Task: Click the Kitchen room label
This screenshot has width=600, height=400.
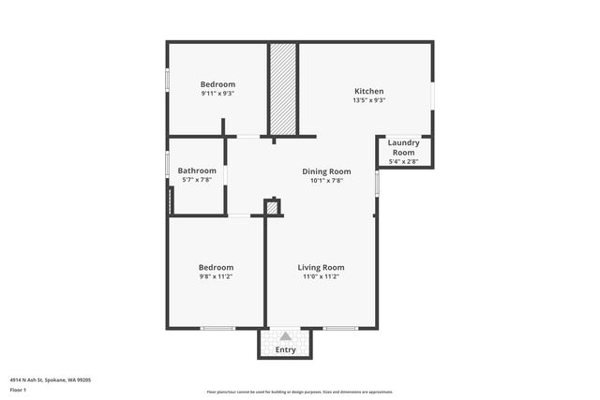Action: (x=368, y=91)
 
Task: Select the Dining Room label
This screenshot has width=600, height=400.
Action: (x=326, y=171)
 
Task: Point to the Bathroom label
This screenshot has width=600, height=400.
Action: (x=197, y=170)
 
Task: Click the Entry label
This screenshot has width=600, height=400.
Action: (x=285, y=350)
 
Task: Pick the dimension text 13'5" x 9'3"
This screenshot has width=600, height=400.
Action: (x=368, y=100)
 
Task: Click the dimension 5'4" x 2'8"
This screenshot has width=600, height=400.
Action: (x=403, y=162)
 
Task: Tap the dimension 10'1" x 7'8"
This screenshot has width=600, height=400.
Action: (x=326, y=181)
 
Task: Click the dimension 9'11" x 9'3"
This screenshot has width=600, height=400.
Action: (x=217, y=94)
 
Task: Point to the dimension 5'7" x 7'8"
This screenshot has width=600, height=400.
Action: (x=197, y=180)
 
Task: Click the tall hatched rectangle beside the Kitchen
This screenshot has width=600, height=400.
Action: (x=283, y=89)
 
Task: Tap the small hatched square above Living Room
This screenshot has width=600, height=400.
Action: (x=273, y=208)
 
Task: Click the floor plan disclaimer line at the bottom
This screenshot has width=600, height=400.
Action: (x=299, y=392)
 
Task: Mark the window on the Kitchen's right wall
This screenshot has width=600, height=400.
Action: (x=432, y=96)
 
